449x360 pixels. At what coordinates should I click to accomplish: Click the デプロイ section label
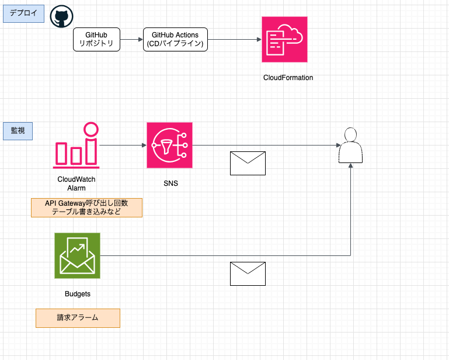(x=24, y=13)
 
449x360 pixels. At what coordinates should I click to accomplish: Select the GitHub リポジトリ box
(x=96, y=40)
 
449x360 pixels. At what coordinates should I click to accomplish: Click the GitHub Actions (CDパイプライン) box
(x=175, y=40)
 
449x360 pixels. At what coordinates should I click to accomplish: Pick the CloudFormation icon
(x=284, y=39)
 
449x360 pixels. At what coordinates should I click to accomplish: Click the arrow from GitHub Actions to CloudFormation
(x=234, y=40)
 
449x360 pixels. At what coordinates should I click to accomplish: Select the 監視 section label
(x=18, y=131)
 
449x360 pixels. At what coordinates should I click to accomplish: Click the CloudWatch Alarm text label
(x=76, y=184)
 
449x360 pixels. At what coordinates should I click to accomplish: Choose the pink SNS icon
(x=170, y=146)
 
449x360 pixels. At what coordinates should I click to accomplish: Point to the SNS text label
(x=170, y=184)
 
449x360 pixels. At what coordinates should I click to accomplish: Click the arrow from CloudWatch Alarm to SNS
(x=123, y=145)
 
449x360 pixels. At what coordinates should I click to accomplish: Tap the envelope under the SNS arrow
(x=248, y=163)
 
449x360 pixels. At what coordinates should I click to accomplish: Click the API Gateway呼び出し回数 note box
(x=86, y=207)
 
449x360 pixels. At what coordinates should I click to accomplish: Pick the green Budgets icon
(x=77, y=255)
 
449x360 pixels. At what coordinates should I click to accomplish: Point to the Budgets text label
(x=77, y=294)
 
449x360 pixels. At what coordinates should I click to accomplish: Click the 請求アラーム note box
(x=78, y=318)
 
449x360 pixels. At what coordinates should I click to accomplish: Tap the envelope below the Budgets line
(x=248, y=274)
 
